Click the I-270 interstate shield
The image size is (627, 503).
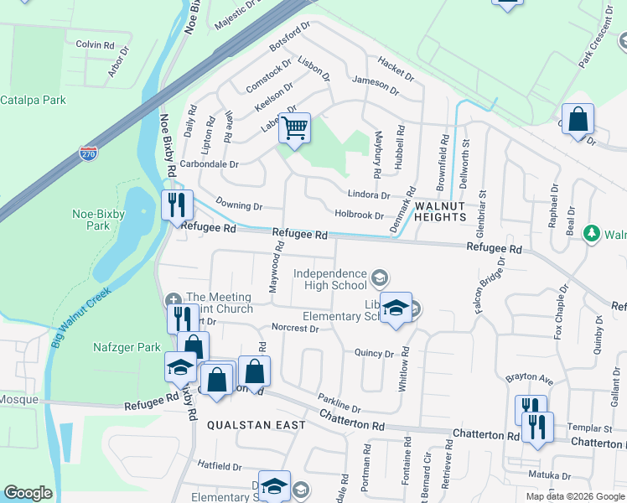coord(89,153)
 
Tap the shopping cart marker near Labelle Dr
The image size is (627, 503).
coord(294,129)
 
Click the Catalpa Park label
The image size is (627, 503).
coord(33,101)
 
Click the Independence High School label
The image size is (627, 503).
coord(330,279)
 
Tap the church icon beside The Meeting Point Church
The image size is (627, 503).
coord(173,298)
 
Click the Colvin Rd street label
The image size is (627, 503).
coord(94,44)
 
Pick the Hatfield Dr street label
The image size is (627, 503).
coord(220,465)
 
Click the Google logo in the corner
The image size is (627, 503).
coord(28,493)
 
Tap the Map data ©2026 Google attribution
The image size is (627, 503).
coord(574,496)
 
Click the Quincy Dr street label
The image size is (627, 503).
coord(374,354)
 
